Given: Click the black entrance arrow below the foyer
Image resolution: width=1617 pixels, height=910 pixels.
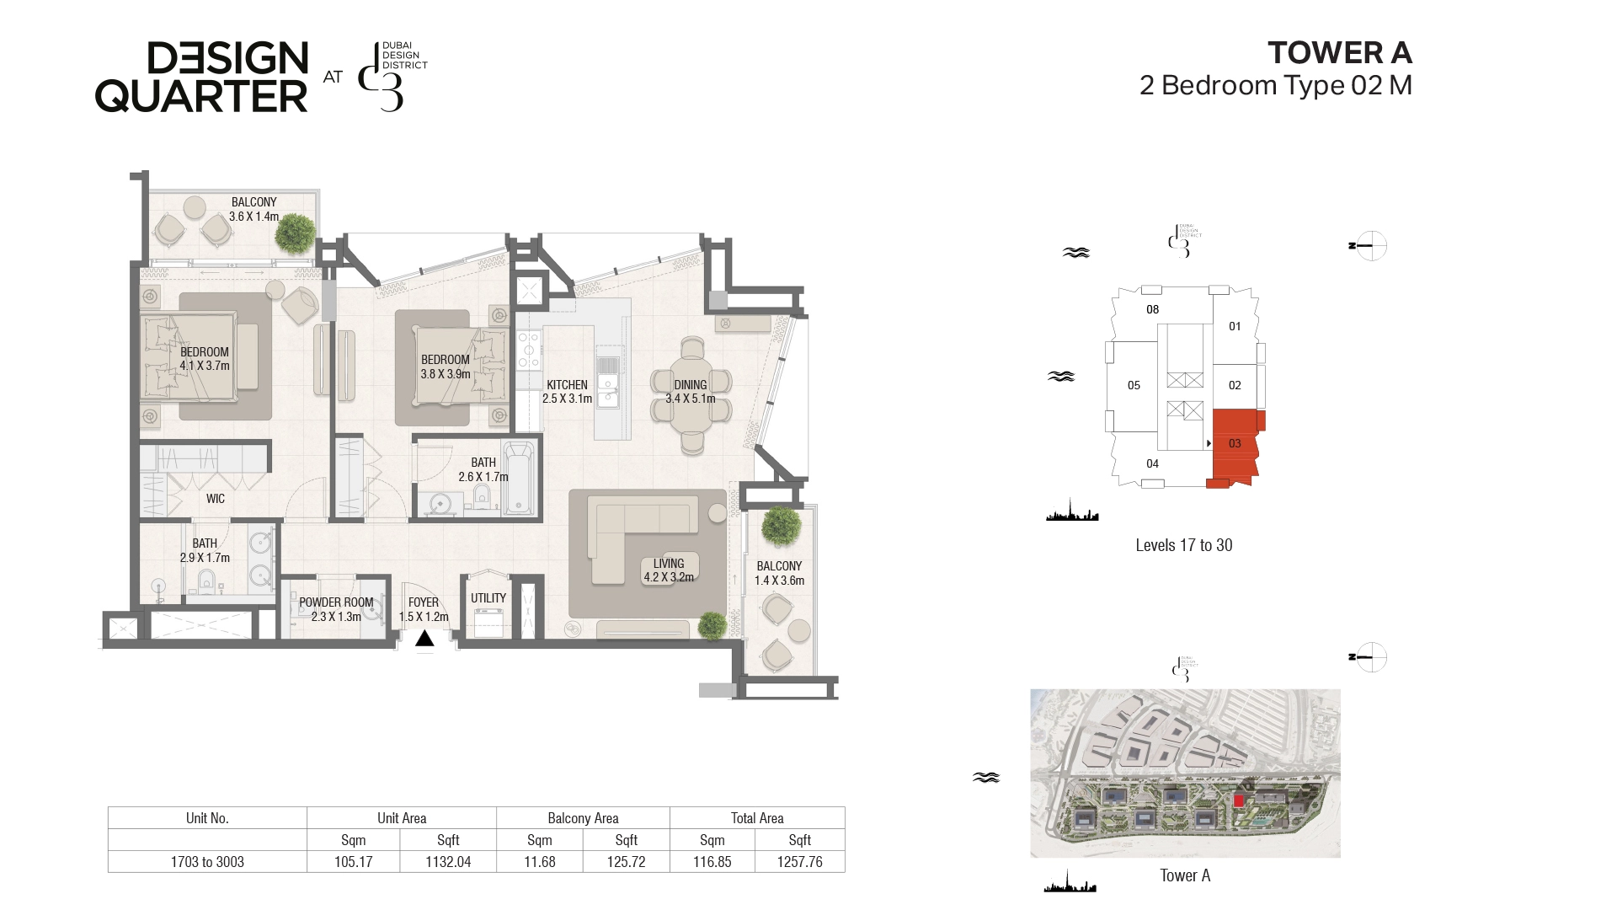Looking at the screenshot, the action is (x=424, y=639).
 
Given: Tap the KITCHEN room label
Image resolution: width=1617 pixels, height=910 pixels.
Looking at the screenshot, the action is (x=567, y=385).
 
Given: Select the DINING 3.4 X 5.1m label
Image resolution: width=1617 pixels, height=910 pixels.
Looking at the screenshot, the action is (x=690, y=392).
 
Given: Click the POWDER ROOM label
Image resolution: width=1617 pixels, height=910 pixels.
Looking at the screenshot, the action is (x=336, y=602).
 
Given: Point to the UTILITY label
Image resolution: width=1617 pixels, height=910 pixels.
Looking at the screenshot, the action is (x=488, y=598).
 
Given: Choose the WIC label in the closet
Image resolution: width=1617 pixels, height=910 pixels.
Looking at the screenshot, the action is (x=216, y=499).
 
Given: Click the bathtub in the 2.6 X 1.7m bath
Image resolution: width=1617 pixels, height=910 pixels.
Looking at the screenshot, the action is (x=519, y=477).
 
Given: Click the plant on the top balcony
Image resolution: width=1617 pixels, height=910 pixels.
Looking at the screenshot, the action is (x=296, y=233).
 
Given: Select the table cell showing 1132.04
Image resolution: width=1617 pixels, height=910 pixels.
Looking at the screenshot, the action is (x=448, y=862).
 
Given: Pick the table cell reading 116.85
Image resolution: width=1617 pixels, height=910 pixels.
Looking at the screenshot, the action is (x=712, y=862).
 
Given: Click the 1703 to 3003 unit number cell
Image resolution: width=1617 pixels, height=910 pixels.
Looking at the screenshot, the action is (x=207, y=862).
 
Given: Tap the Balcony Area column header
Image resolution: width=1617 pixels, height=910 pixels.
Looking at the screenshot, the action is (x=583, y=818).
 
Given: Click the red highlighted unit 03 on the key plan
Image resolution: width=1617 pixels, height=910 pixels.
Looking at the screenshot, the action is (x=1235, y=447).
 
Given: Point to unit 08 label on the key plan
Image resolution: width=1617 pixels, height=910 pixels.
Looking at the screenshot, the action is (x=1153, y=309).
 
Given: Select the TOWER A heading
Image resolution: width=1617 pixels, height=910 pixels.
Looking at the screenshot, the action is (x=1340, y=52).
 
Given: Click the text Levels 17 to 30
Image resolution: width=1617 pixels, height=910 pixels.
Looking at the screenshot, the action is (x=1183, y=545).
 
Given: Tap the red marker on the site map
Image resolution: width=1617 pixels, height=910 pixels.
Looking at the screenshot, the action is (x=1239, y=800).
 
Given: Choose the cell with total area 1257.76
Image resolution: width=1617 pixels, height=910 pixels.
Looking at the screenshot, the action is (x=799, y=862).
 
